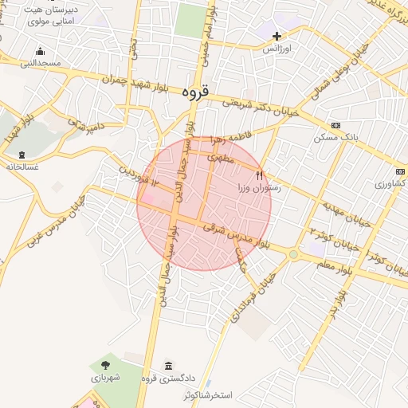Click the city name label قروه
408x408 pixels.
[194, 92]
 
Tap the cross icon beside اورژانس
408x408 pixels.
[277, 36]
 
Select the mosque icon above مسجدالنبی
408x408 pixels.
[40, 52]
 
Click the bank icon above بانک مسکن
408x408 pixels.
[335, 125]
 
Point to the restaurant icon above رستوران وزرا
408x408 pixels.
[259, 175]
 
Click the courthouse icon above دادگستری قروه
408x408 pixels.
[168, 366]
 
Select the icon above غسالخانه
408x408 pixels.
[21, 155]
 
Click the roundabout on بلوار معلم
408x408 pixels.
[294, 255]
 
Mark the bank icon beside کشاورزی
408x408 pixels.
[400, 171]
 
